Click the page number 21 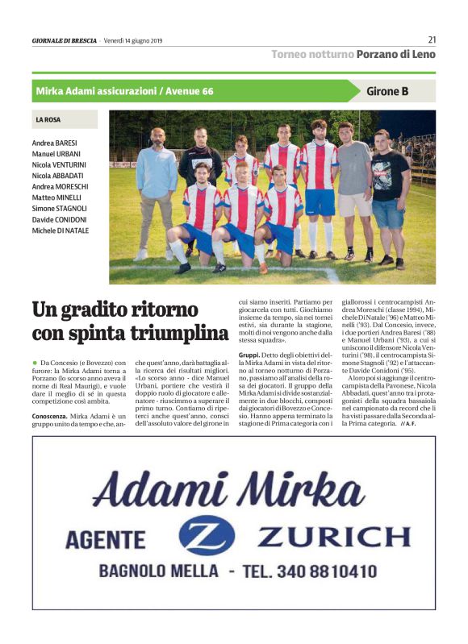pos(432,39)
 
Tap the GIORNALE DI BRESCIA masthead pos(65,40)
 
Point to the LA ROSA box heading pos(48,119)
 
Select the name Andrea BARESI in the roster pos(55,143)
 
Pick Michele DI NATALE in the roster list pos(61,231)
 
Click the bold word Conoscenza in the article pos(49,416)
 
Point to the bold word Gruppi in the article pos(249,354)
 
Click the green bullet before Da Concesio pos(35,364)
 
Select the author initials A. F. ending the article pos(409,424)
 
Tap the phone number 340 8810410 pos(327,571)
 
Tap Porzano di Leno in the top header pos(395,55)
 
